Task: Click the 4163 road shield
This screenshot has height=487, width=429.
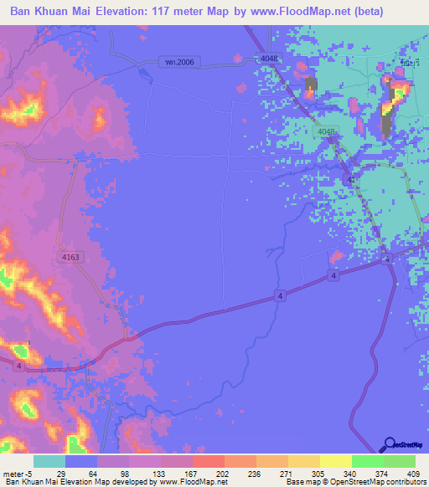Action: coord(70,258)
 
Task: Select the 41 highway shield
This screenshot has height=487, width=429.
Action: coord(350,180)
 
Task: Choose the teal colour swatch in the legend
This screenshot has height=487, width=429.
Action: coord(49,461)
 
